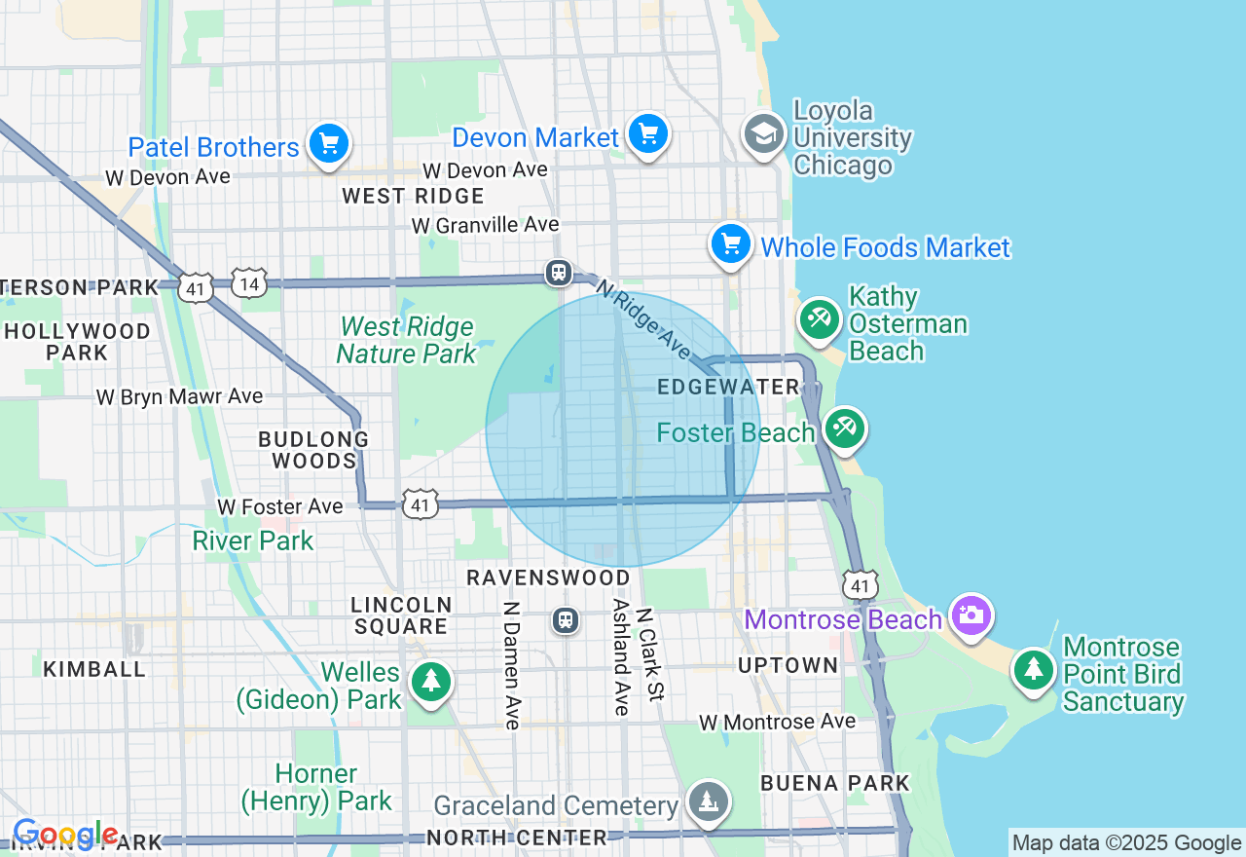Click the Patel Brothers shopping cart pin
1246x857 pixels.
329,145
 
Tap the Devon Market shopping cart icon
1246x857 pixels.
647,134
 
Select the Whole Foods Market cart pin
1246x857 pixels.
730,244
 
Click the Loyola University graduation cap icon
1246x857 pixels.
764,135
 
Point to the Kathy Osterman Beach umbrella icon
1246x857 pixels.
820,319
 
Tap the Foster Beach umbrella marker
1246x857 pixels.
844,428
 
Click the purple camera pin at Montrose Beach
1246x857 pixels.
971,615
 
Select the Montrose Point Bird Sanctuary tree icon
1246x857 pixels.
1034,669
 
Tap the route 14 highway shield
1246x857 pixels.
249,282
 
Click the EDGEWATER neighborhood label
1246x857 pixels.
728,387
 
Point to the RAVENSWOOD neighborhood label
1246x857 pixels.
549,578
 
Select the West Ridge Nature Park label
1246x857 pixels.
406,340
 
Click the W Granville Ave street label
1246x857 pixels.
485,225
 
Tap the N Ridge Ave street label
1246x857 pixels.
643,319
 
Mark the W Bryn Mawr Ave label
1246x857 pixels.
179,396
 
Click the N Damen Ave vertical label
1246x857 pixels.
510,664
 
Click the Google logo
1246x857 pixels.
64,835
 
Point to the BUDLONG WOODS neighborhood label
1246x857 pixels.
313,450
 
